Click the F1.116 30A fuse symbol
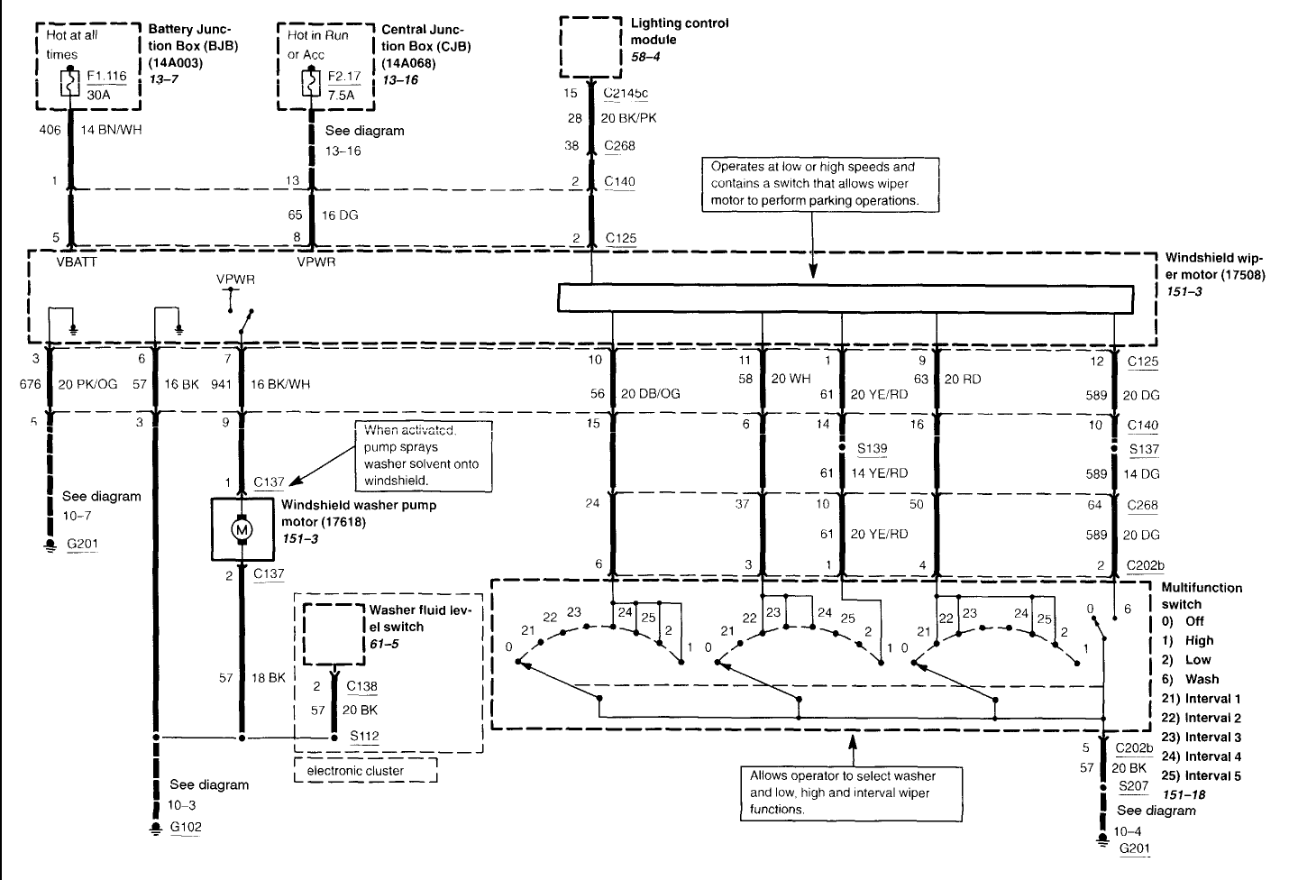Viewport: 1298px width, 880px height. click(x=70, y=84)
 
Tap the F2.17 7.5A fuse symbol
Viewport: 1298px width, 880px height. click(x=311, y=84)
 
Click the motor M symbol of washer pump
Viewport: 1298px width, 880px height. click(x=242, y=529)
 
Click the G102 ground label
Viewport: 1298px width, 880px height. click(x=186, y=827)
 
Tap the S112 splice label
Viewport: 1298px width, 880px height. click(x=364, y=737)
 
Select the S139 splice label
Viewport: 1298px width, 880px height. click(x=873, y=448)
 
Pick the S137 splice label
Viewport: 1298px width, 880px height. click(x=1143, y=449)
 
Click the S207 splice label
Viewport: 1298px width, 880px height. click(x=1133, y=786)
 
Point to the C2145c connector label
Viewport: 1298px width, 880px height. click(x=626, y=93)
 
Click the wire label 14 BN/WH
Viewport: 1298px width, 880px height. click(x=111, y=130)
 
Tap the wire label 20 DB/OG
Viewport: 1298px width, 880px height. click(x=651, y=394)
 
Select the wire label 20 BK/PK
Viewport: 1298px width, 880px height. click(x=629, y=118)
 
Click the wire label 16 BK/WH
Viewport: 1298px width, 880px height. click(x=280, y=384)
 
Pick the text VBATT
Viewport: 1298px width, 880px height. click(x=77, y=262)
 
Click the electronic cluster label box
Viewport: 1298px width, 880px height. click(x=366, y=770)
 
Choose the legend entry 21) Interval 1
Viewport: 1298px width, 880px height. click(x=1202, y=699)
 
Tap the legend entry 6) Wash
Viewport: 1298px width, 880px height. click(x=1190, y=679)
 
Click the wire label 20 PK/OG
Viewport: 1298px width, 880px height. click(x=87, y=384)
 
